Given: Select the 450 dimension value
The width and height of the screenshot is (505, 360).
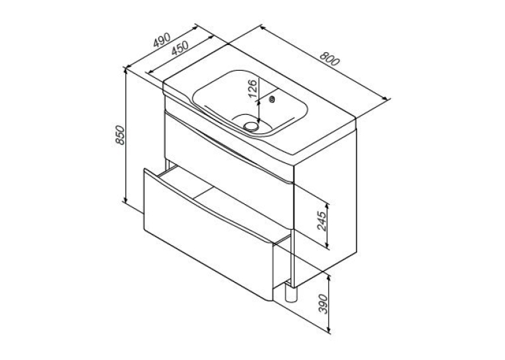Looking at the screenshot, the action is [x=180, y=49].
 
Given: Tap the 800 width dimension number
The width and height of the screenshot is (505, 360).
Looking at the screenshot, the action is [x=329, y=58].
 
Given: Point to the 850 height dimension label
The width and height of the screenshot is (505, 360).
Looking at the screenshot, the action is [x=119, y=135].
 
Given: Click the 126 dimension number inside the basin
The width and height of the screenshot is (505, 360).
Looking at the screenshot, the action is [x=253, y=89].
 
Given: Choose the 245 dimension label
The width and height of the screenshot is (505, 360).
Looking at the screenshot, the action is [x=322, y=221].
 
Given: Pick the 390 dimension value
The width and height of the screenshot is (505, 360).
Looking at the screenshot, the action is [x=323, y=304].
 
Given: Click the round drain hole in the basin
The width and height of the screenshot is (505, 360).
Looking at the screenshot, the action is [x=250, y=126].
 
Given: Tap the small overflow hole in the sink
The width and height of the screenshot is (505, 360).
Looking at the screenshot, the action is [x=272, y=99].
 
